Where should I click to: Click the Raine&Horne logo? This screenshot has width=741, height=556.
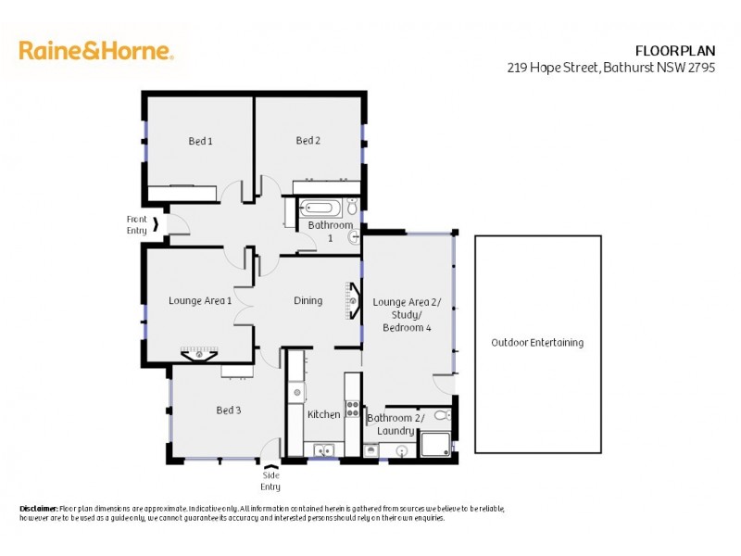[x=95, y=51]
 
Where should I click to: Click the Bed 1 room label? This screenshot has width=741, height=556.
[x=200, y=141]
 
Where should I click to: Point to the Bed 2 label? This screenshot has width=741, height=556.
[x=308, y=141]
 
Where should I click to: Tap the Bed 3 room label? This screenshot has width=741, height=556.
[x=229, y=410]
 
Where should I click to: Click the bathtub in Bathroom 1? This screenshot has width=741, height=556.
[x=321, y=208]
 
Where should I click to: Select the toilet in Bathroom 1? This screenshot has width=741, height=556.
[x=354, y=237]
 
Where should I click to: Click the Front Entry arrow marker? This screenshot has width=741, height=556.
[x=157, y=223]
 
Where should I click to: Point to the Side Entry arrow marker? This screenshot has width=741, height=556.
[x=270, y=468]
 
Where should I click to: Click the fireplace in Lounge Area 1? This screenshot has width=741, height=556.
[x=199, y=353]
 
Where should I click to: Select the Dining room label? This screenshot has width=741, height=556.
[x=308, y=300]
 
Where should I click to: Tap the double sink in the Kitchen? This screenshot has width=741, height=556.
[x=323, y=450]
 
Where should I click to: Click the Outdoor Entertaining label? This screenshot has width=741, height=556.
[x=537, y=342]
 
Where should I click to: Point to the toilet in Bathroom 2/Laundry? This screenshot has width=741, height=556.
[x=442, y=415]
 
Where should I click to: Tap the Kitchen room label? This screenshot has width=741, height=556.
[x=323, y=414]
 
